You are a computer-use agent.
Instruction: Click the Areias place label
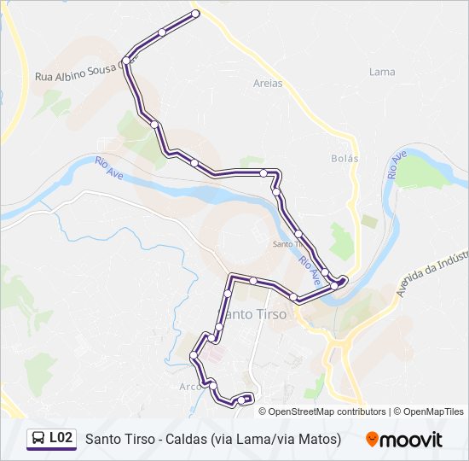(268, 83)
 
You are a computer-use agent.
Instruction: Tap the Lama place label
(382, 72)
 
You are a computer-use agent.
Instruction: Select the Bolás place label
(345, 158)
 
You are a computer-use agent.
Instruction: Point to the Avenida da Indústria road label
(434, 272)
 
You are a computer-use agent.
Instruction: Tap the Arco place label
(189, 385)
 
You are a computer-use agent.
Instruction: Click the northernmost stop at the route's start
(195, 14)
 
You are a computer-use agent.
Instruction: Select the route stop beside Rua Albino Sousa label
(126, 61)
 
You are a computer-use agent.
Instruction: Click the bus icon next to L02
(38, 439)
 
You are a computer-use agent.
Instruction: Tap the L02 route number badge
(61, 438)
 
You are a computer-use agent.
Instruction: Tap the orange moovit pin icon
(372, 440)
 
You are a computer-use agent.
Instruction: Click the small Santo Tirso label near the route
(283, 243)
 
